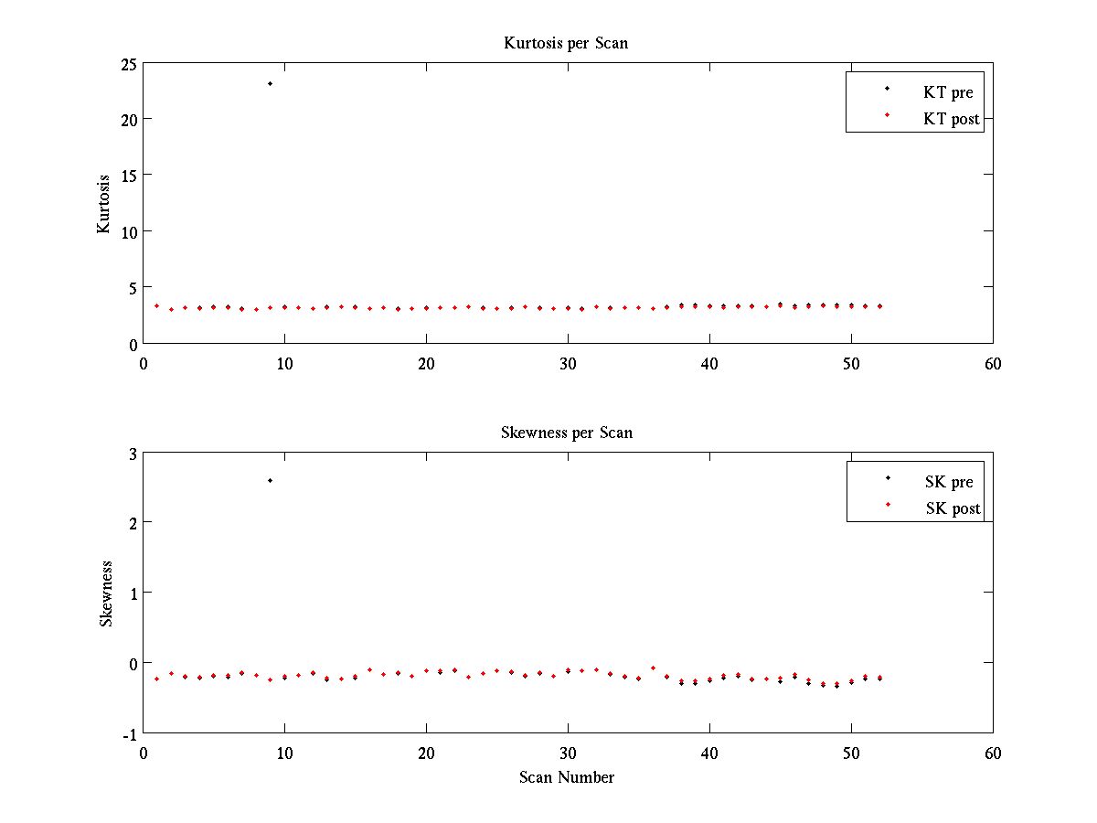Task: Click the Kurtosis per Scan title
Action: tap(566, 43)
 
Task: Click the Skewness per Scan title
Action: tap(566, 433)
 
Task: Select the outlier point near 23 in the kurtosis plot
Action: tap(270, 84)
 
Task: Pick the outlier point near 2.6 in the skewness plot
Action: tap(270, 480)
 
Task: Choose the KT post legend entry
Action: tap(951, 118)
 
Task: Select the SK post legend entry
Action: tap(952, 508)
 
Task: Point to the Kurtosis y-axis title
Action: tap(104, 204)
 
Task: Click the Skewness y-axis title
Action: tap(106, 593)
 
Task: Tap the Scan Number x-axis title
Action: tap(567, 777)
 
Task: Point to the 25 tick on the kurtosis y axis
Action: tap(126, 64)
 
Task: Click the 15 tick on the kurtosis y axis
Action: tap(126, 176)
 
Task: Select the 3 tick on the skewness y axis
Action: tap(132, 454)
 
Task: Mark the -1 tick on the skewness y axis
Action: tap(129, 733)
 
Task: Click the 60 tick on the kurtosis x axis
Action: tap(993, 363)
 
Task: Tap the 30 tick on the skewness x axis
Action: tap(568, 753)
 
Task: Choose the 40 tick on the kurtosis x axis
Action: tap(709, 363)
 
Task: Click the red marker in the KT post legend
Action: tap(887, 115)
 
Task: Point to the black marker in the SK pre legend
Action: tap(887, 478)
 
